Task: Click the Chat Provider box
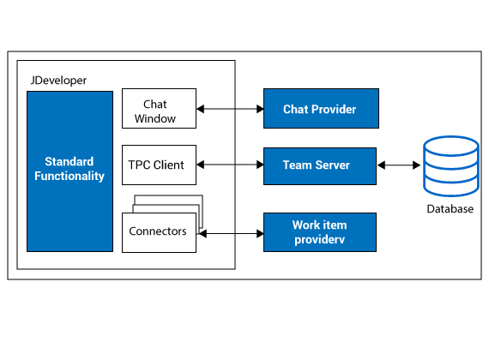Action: [321, 109]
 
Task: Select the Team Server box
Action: [320, 166]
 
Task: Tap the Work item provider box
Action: [320, 232]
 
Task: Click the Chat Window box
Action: [159, 109]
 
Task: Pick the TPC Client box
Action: [159, 165]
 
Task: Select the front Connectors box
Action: [159, 232]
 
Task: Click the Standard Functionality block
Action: [69, 171]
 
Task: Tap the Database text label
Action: [450, 209]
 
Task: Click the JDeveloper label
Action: [58, 81]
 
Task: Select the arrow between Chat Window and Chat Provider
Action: [230, 109]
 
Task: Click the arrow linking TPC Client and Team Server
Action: [230, 165]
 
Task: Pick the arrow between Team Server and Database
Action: [399, 165]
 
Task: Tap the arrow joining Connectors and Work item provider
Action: [231, 233]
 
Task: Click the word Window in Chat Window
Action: [155, 119]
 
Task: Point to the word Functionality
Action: [69, 176]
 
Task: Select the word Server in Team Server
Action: [333, 165]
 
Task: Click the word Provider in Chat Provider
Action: [334, 109]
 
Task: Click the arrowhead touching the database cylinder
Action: [417, 165]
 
